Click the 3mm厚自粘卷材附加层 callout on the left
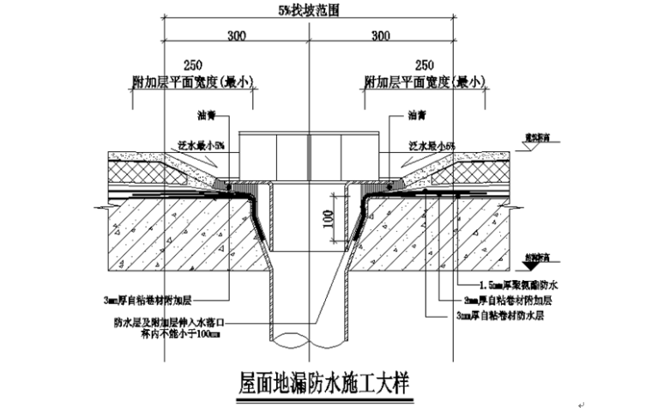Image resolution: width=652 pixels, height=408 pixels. (145, 300)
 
